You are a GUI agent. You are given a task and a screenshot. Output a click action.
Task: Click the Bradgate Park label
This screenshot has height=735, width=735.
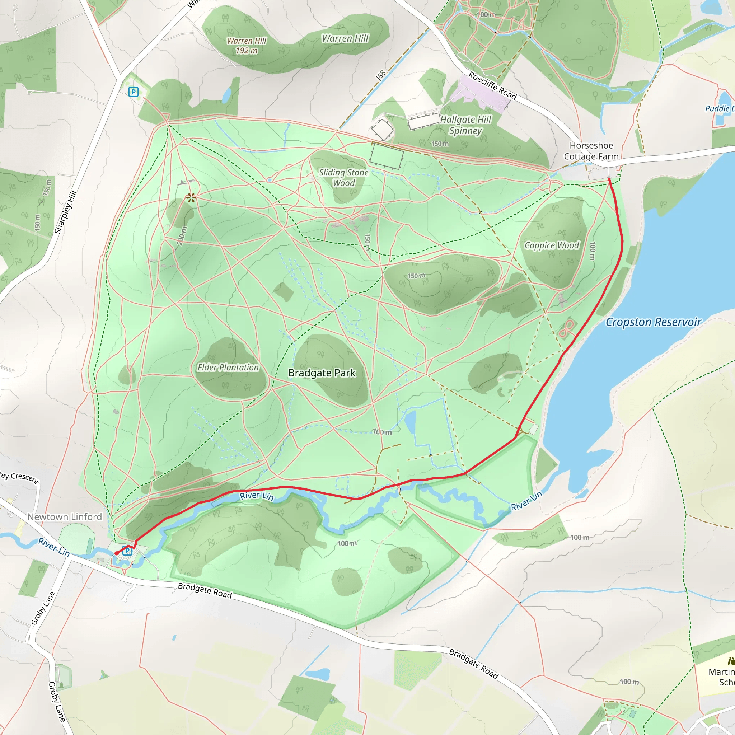(322, 373)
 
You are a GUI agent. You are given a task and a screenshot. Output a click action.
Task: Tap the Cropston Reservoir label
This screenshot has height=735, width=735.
(653, 322)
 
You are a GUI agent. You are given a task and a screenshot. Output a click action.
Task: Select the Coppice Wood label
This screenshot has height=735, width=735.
(552, 245)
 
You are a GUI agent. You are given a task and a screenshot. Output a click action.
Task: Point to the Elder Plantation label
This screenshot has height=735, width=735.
(228, 367)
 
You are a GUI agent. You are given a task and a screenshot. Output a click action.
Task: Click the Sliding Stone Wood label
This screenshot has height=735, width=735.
(343, 178)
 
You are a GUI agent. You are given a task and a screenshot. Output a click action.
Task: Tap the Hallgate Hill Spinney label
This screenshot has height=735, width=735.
(465, 125)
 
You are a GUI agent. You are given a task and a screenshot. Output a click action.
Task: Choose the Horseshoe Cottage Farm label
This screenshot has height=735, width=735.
(591, 151)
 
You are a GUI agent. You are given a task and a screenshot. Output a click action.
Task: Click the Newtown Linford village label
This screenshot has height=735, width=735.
(65, 517)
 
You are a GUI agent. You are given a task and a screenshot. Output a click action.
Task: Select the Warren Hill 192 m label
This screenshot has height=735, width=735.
(247, 46)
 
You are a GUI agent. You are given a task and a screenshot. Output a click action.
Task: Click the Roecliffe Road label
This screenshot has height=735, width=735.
(492, 86)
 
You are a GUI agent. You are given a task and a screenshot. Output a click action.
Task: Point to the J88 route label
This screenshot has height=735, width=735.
(381, 75)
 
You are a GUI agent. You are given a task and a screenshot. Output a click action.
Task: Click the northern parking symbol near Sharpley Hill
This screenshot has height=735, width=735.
(133, 92)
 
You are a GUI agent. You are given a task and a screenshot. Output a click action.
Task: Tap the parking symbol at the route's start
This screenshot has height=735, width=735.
(127, 551)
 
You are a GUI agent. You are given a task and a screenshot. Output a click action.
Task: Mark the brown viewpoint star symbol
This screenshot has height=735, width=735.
(191, 197)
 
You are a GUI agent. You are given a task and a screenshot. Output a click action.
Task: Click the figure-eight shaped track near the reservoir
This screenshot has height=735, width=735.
(566, 329)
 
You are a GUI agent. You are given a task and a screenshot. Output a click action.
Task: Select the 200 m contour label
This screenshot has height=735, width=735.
(182, 236)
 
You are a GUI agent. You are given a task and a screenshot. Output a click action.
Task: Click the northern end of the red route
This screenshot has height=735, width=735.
(609, 179)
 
